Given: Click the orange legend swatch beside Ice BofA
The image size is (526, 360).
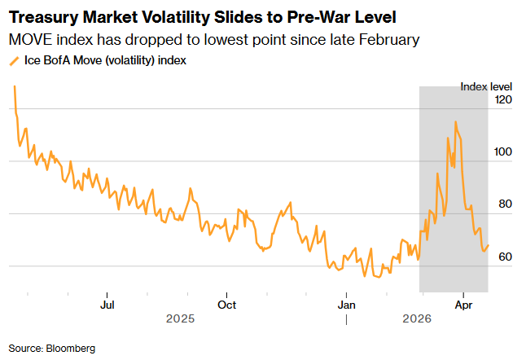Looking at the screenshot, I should (14, 60).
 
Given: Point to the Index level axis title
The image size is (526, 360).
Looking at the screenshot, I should (485, 86).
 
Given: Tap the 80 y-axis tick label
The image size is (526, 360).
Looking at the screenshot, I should (505, 204).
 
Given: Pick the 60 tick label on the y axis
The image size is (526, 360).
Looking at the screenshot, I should (505, 257).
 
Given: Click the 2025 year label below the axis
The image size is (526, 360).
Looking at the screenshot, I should (181, 320).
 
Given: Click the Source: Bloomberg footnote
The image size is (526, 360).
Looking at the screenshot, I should (52, 348).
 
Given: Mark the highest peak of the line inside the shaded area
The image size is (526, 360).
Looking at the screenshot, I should (455, 122).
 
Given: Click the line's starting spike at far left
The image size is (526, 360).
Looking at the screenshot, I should (14, 86).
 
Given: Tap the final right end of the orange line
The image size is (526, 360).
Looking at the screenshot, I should (488, 245).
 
